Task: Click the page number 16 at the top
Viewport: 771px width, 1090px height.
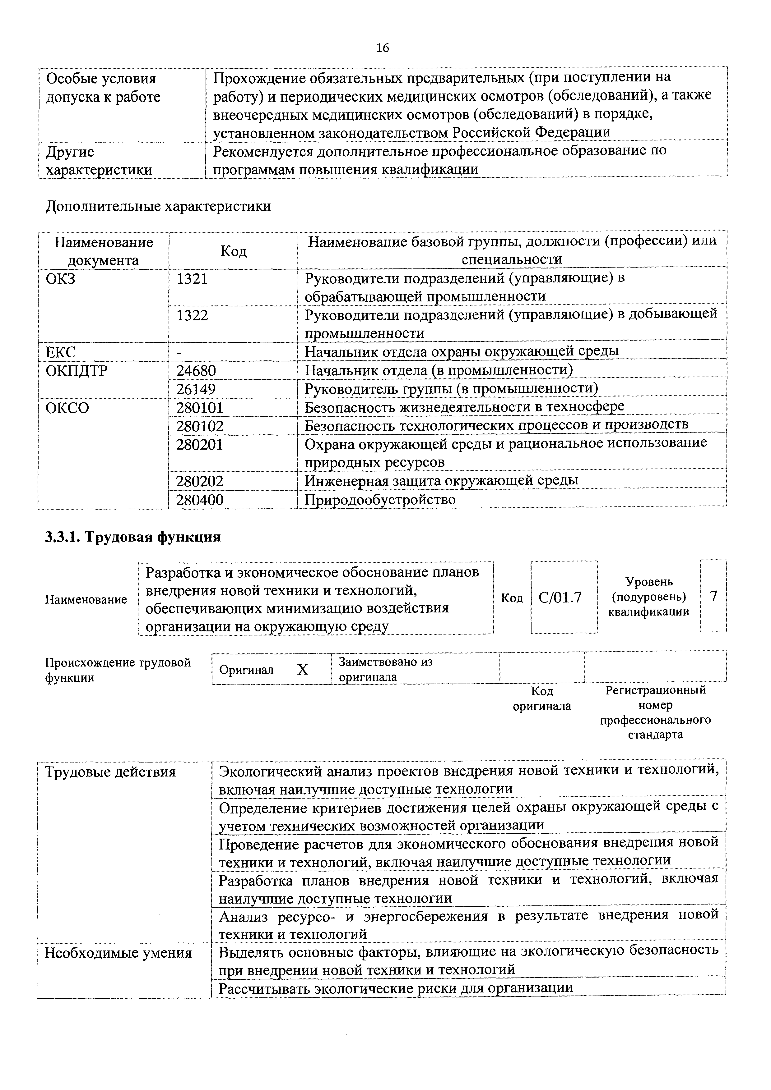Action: (383, 48)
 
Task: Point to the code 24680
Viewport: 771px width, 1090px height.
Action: (196, 370)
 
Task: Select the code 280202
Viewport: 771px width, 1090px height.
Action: (200, 481)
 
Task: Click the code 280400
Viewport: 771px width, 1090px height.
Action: (200, 499)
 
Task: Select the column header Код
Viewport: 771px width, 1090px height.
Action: (233, 251)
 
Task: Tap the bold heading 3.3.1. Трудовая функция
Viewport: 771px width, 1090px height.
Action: (133, 537)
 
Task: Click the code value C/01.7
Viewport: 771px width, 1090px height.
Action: (560, 597)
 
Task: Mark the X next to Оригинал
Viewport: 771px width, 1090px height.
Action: (302, 669)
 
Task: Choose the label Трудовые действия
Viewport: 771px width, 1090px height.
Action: (110, 772)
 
